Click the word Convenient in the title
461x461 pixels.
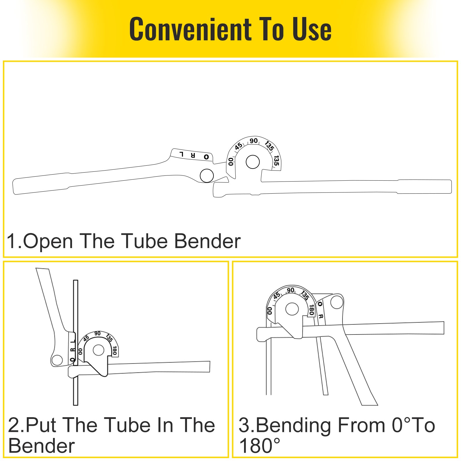190,29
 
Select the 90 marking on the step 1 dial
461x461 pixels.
254,141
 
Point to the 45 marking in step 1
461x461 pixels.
239,146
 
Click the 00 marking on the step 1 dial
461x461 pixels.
231,162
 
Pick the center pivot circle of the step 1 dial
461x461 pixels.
253,162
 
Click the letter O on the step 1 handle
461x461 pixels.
206,157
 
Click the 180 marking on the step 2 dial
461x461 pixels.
115,350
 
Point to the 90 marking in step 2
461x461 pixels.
97,334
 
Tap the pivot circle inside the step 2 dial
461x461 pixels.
99,350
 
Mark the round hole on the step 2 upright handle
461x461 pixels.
57,360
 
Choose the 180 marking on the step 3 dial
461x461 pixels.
311,310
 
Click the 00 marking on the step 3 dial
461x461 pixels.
270,311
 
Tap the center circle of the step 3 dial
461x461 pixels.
292,309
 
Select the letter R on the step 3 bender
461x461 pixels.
321,316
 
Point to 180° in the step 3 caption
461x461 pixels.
259,446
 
